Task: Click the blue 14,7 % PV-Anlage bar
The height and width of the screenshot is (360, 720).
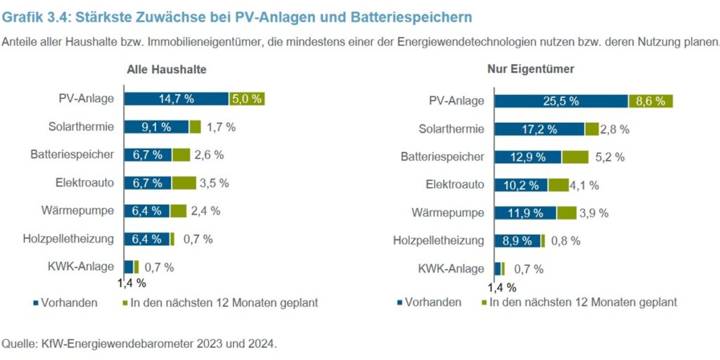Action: pos(176,98)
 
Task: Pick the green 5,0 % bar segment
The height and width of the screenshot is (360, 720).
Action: pos(247,98)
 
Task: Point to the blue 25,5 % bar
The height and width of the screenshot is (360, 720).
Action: pos(560,101)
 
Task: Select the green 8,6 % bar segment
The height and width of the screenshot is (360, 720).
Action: pos(650,101)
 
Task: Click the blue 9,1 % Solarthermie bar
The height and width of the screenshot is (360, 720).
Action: pos(156,127)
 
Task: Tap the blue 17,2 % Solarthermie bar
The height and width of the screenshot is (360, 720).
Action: pos(539,129)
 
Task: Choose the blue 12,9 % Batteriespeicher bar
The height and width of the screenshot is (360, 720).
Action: pos(527,157)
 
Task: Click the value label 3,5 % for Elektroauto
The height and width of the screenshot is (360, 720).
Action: pos(214,183)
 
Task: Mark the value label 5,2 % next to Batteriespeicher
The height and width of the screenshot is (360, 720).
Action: pos(610,157)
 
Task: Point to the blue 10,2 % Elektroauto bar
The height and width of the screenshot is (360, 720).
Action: pos(521,185)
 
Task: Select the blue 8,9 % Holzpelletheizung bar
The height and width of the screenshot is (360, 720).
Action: pos(517,240)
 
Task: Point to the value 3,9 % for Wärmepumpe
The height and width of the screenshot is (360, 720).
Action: pos(594,213)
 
